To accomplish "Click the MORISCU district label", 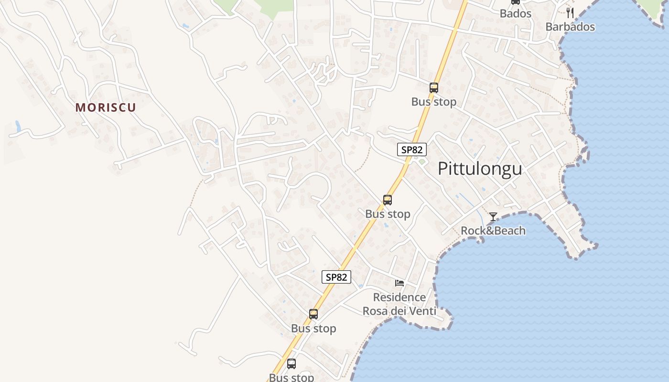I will [x=106, y=107].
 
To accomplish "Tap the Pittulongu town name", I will [x=480, y=169].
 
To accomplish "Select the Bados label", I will [x=516, y=13].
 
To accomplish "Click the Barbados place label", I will [x=570, y=27].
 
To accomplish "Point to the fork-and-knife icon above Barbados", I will [x=569, y=12].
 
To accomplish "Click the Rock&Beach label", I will [x=493, y=231].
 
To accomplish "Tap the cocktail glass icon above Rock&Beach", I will [x=493, y=217].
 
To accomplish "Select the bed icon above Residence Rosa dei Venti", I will [x=399, y=283].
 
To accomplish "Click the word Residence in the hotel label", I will [x=399, y=297].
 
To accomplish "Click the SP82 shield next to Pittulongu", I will [x=412, y=149].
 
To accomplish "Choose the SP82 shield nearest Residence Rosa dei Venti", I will [x=336, y=277].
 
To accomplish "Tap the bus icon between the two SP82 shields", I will [x=388, y=200].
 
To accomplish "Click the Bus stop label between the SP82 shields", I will [x=388, y=214].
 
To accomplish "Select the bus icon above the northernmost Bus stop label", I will [x=434, y=88].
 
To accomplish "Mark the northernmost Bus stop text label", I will [x=434, y=102].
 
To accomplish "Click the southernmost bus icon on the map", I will [x=291, y=364].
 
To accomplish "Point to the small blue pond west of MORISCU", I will [x=18, y=127].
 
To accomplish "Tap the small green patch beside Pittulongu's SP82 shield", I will [x=421, y=161].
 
